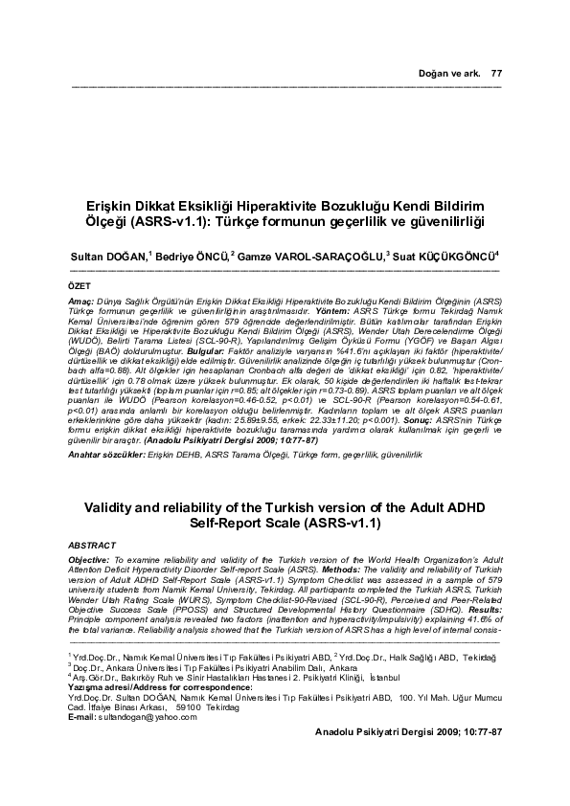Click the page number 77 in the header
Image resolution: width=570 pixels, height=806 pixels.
(x=496, y=74)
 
